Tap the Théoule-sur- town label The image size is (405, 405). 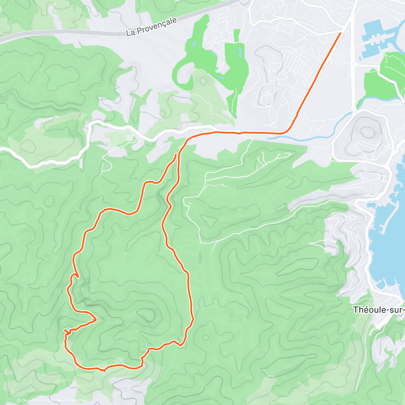point(378,309)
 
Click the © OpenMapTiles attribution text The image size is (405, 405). point(33,401)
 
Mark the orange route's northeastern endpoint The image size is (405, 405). point(341,33)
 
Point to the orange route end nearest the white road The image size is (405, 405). point(175,155)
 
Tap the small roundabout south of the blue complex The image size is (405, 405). point(354,109)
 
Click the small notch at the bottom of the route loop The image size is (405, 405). point(104,371)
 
